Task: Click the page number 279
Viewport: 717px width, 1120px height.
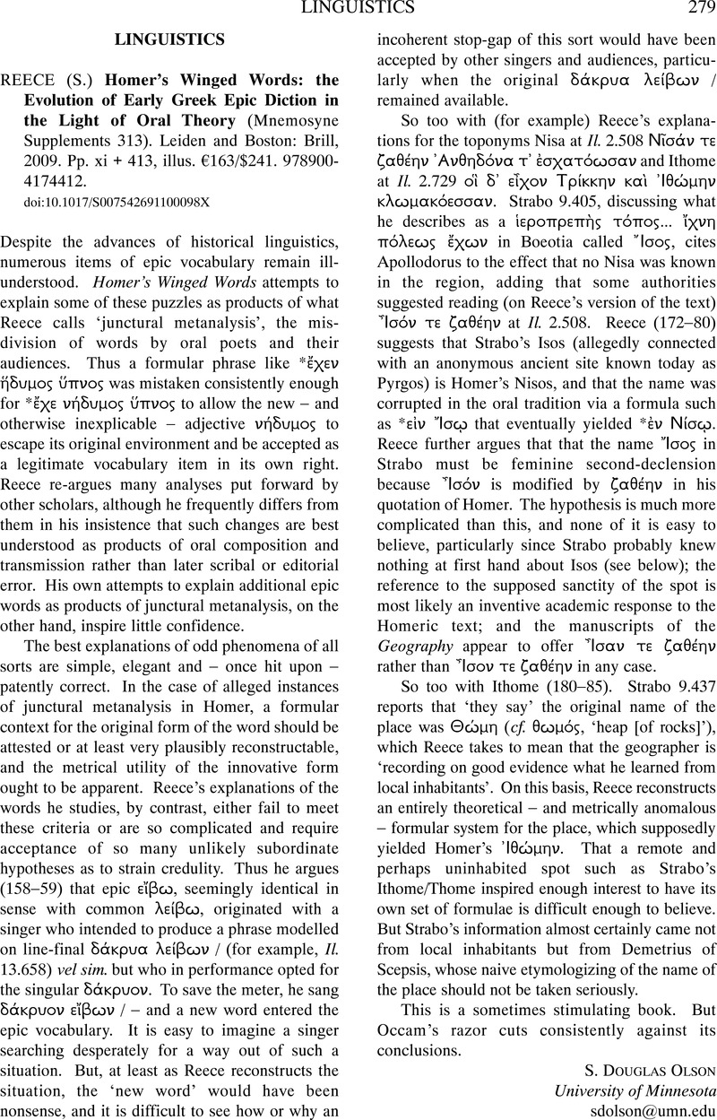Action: point(696,9)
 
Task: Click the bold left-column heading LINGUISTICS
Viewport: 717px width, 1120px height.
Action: point(169,40)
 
